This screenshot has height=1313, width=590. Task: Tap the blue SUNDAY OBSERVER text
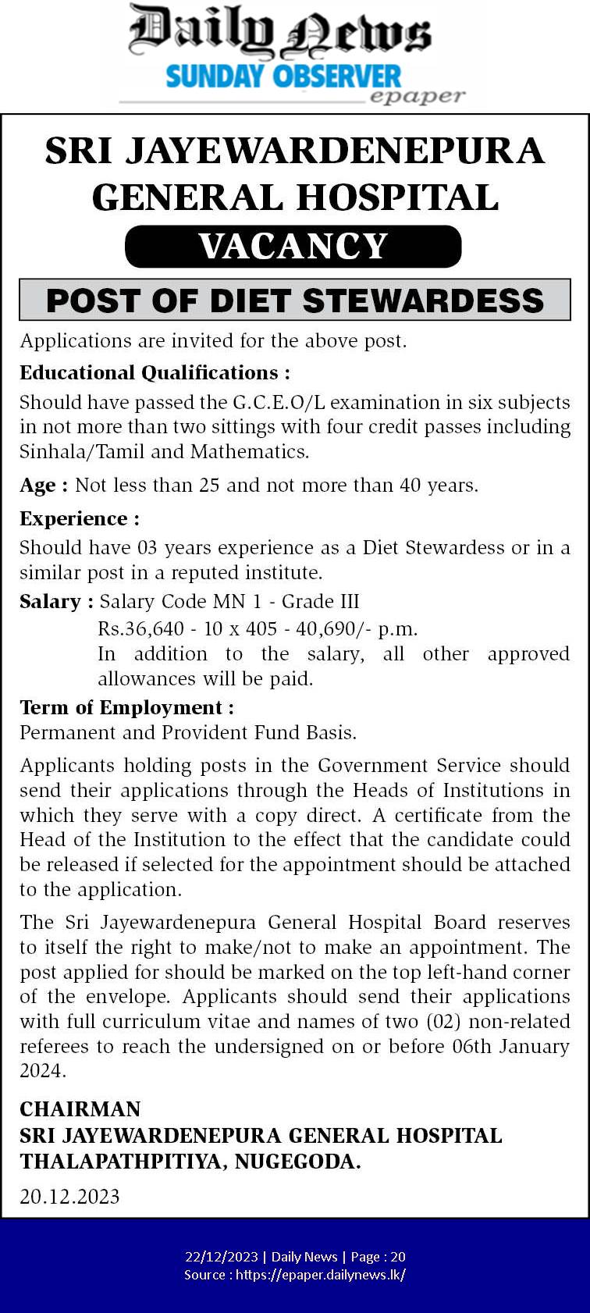(283, 77)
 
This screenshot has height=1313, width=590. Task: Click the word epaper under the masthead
(417, 96)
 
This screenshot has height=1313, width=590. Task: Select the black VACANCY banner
(293, 247)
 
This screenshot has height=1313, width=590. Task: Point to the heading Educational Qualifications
(155, 372)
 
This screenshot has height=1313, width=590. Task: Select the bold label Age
(37, 486)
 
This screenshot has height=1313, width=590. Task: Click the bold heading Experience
(79, 518)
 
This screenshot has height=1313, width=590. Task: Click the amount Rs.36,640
(141, 628)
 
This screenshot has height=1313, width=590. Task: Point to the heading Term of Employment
(126, 707)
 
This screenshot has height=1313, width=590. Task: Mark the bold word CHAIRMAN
(80, 1109)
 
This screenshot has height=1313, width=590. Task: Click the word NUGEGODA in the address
(297, 1162)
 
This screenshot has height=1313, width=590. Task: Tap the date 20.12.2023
(69, 1197)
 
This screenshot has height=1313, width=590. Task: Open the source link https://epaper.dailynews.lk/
(320, 1275)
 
